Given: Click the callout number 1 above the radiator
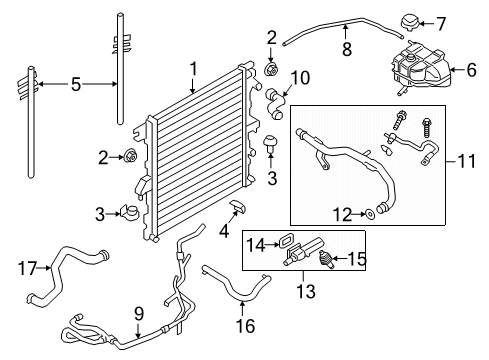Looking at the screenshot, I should [192, 69].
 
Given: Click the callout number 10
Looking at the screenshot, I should [299, 76].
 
